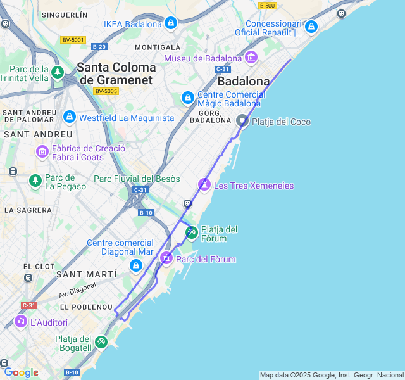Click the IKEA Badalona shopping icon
[170, 24]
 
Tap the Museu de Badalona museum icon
[251, 58]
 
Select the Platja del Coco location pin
[242, 120]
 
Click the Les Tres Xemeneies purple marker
[204, 184]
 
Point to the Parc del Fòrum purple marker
[166, 258]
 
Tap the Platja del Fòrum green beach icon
[192, 232]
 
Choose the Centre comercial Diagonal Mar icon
[135, 265]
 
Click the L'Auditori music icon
[21, 321]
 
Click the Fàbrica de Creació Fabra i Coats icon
[42, 151]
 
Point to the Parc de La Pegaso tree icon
[35, 181]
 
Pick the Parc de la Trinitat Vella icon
[58, 73]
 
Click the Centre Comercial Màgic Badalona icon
[188, 98]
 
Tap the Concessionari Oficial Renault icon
[311, 27]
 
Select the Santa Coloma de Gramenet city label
[116, 73]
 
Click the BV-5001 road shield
[73, 40]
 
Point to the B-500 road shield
[267, 6]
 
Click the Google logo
[21, 372]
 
